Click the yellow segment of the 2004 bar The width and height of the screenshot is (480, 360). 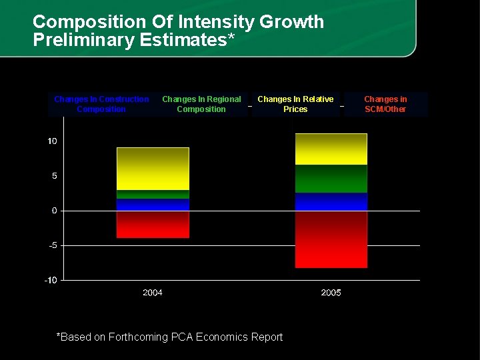click(153, 169)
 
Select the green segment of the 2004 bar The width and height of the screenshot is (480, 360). click(153, 194)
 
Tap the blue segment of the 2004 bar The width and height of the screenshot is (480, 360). click(153, 205)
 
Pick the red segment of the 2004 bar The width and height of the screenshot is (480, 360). click(153, 225)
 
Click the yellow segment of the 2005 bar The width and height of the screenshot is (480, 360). click(331, 149)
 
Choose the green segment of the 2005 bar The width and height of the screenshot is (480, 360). click(331, 179)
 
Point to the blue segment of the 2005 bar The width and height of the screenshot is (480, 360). click(331, 202)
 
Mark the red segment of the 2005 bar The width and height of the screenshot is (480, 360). click(331, 239)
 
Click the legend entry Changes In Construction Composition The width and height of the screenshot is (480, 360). click(101, 104)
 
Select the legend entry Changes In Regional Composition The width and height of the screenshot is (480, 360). click(201, 104)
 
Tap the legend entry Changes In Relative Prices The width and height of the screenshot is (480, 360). click(295, 104)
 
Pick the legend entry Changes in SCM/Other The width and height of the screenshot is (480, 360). click(385, 104)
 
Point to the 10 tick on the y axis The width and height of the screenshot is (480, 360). click(52, 141)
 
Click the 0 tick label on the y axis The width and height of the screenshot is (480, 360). click(54, 211)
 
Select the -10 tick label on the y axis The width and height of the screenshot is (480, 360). click(51, 280)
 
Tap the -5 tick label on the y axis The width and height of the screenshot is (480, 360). click(52, 245)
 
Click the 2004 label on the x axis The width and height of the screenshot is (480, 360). click(153, 293)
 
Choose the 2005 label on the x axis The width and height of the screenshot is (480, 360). click(331, 293)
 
